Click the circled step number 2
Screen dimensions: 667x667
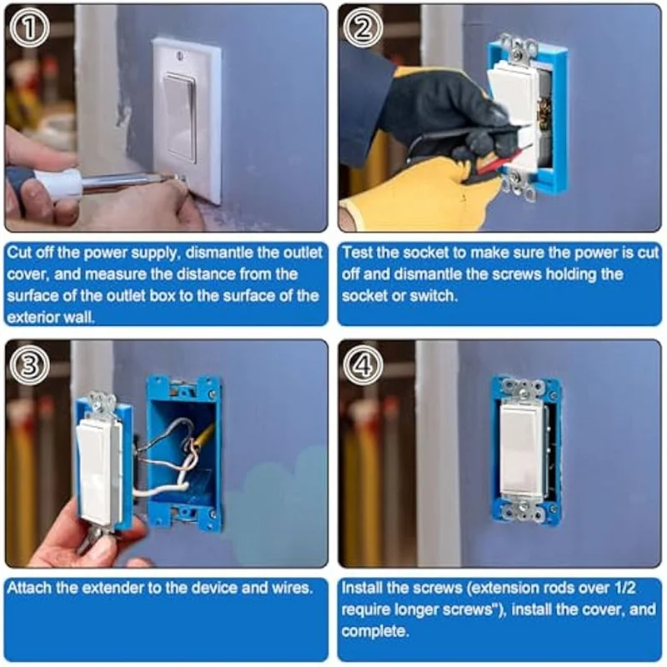(x=363, y=29)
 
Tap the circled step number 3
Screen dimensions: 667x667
(x=29, y=364)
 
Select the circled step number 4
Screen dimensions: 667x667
(x=364, y=364)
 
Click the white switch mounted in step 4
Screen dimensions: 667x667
(x=523, y=450)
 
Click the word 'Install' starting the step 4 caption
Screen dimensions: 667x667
(x=364, y=588)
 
